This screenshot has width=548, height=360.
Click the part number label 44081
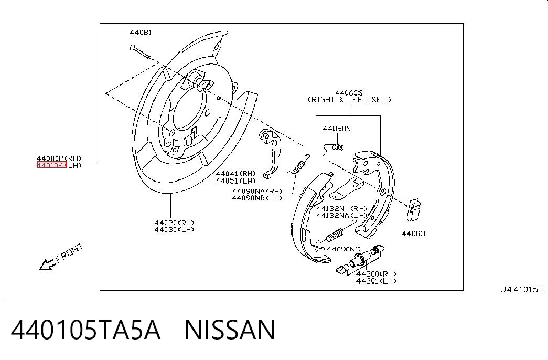point(141,33)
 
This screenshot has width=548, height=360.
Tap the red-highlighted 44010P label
point(51,165)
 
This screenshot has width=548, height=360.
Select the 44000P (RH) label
point(59,158)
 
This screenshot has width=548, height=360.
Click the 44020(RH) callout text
point(174,223)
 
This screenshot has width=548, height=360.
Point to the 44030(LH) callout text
point(174,230)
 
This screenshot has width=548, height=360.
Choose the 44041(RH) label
point(235,173)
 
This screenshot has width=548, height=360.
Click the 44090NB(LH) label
point(257,198)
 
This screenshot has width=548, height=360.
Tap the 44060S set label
point(349,93)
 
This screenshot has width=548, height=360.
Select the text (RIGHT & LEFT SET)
point(349,100)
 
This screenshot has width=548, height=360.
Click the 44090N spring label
point(337,129)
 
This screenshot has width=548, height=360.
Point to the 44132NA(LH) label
point(342,216)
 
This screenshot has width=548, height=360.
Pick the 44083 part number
point(413,234)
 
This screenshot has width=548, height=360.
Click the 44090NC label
point(343,249)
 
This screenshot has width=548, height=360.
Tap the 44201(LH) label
point(376,281)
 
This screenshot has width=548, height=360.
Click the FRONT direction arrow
point(47,265)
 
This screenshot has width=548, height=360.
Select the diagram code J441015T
point(522,289)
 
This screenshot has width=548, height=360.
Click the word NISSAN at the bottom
point(230,330)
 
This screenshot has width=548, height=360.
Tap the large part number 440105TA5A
point(85,330)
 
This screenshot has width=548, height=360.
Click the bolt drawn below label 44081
point(140,52)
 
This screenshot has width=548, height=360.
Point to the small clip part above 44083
point(414,210)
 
